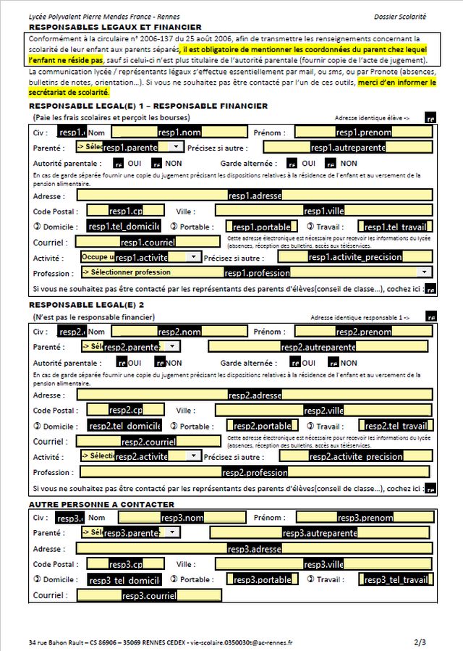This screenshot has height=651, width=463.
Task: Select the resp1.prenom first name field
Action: coord(363,133)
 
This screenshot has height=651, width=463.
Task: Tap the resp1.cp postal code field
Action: coord(126,211)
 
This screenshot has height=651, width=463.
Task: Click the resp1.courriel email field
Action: coord(148,242)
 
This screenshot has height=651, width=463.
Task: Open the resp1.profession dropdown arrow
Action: coord(425,272)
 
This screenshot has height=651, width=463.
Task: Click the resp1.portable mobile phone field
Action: coord(261,227)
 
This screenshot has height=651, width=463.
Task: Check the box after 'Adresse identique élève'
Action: coord(430,117)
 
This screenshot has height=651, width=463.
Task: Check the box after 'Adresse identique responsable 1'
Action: coord(431,317)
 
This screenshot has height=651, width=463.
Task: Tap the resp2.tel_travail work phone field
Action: coord(395,426)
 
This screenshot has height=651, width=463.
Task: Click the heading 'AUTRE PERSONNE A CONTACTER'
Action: coord(101,504)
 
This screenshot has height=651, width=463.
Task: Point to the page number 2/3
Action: coord(420,642)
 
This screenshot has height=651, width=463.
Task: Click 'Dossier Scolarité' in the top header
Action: coord(400,16)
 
